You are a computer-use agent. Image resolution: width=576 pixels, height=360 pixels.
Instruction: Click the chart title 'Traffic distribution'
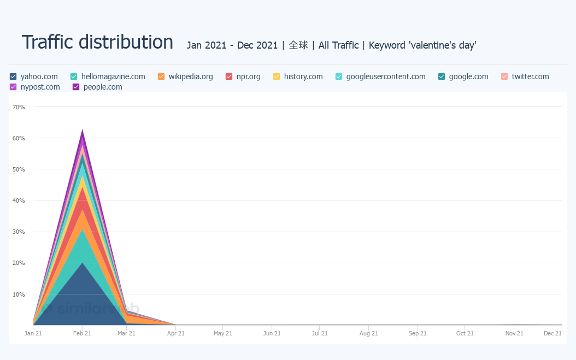coord(97,42)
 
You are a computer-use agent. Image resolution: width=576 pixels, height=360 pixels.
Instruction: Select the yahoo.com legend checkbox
coord(13,76)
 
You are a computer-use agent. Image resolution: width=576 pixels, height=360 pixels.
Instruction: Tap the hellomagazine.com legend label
coord(113,76)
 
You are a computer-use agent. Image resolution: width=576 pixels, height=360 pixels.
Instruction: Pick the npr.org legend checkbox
coord(229,76)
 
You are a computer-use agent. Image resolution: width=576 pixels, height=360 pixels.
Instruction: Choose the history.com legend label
coord(303,76)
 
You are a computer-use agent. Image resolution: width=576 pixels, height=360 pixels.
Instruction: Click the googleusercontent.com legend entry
coord(386,76)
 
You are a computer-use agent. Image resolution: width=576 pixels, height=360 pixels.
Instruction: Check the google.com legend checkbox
coord(442,76)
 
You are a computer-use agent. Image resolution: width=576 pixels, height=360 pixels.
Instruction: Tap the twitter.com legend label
coord(530,76)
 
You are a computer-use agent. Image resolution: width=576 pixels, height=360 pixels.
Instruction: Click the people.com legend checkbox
coord(76,87)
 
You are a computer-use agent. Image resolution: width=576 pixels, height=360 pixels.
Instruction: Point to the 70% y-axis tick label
coord(19,107)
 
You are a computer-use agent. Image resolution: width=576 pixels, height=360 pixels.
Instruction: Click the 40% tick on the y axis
coord(19,200)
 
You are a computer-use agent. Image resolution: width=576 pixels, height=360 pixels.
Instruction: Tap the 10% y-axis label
coord(19,294)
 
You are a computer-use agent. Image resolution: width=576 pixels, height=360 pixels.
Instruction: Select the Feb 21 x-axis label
coord(82,333)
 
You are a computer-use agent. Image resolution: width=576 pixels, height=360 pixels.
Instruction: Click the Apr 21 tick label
coord(175,333)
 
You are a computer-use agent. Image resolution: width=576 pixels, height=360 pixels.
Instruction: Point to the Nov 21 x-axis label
coord(514,333)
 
